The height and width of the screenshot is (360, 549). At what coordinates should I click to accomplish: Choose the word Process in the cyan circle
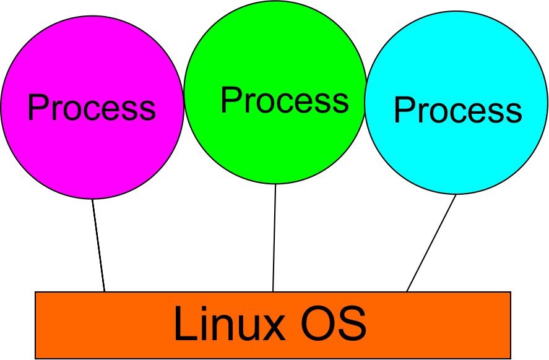click(457, 111)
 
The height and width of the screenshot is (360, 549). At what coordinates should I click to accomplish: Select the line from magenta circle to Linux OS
click(98, 245)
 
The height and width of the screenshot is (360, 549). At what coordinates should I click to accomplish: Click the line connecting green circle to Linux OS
click(274, 238)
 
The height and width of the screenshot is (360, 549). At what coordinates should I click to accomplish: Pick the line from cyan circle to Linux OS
click(431, 243)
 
